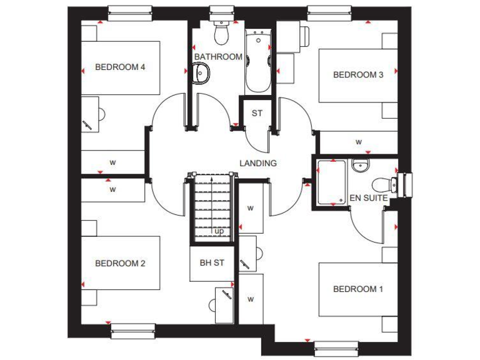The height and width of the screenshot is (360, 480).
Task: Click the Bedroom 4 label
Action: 120,67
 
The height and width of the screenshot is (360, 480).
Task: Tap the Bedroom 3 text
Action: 358,75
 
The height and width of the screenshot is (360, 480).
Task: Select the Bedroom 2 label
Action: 120,263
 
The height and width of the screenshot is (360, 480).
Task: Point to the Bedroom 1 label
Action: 358,289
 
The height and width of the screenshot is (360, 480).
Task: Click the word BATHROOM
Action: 218,57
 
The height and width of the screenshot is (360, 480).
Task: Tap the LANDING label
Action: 258,163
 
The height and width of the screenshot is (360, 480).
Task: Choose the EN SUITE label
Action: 369,198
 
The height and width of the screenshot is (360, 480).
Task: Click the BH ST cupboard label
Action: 212,263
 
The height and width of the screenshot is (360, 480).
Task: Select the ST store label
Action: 257,114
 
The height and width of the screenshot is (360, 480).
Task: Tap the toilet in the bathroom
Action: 221,33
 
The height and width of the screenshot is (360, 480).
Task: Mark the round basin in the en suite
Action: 360,166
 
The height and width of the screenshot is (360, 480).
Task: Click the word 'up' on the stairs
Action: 219,231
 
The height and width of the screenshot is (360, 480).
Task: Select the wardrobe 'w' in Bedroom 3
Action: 359,142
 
